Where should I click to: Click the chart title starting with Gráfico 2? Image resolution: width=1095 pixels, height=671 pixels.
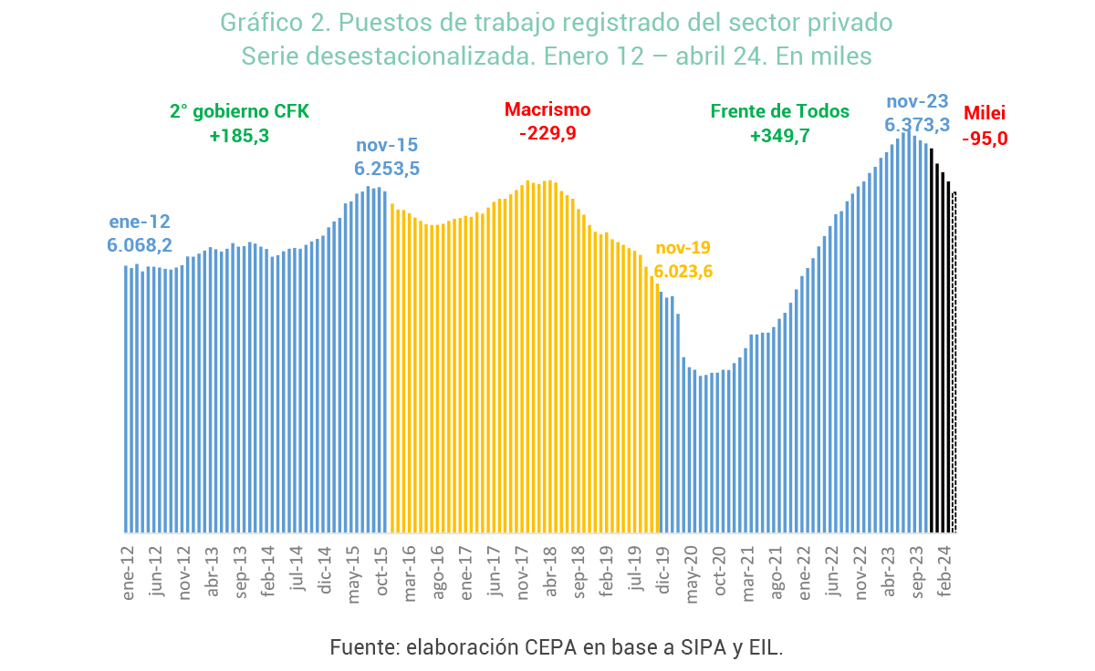pos(557,22)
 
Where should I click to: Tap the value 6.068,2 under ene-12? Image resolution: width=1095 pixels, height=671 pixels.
pos(140,244)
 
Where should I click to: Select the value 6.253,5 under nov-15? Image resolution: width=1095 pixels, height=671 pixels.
pos(387,169)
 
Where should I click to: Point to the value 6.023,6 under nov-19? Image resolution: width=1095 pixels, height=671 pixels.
pos(683,271)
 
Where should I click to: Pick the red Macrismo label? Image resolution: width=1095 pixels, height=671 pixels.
pos(547,109)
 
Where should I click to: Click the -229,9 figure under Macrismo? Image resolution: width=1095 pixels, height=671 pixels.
pos(547,133)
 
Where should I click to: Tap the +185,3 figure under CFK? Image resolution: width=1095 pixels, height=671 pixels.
pos(239,136)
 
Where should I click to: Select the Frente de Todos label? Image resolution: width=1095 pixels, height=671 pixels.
pos(780,111)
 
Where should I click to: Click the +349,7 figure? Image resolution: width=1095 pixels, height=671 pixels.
pos(780,136)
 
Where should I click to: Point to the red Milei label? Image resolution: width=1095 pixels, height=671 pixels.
pos(985,114)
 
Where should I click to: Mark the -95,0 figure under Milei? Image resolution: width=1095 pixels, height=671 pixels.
pos(985,139)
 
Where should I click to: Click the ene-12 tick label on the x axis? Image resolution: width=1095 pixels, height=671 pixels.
pos(129,573)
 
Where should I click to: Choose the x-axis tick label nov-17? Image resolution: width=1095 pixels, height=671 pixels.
pos(523,573)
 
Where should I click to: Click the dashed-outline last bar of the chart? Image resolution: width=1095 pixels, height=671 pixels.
pos(954,365)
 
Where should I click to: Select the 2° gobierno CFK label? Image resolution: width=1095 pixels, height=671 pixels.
pos(239,111)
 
